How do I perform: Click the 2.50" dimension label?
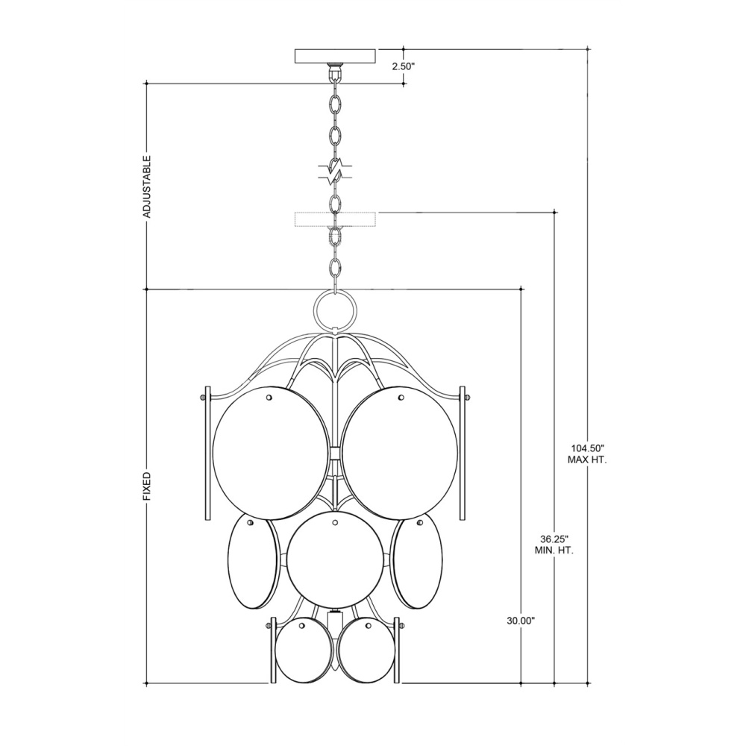(x=404, y=66)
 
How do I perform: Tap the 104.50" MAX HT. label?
(x=588, y=454)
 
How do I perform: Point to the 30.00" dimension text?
(x=521, y=621)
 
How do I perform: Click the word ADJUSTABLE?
(x=147, y=186)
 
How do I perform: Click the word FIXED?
(x=147, y=486)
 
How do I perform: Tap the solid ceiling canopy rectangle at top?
(x=336, y=56)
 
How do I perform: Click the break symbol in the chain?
(x=336, y=172)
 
